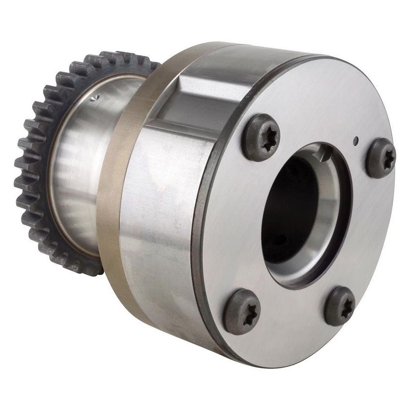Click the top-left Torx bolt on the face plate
click(x=260, y=137)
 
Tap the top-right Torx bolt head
click(x=381, y=158)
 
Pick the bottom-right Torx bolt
click(x=340, y=306)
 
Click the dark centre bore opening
click(x=289, y=207)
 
